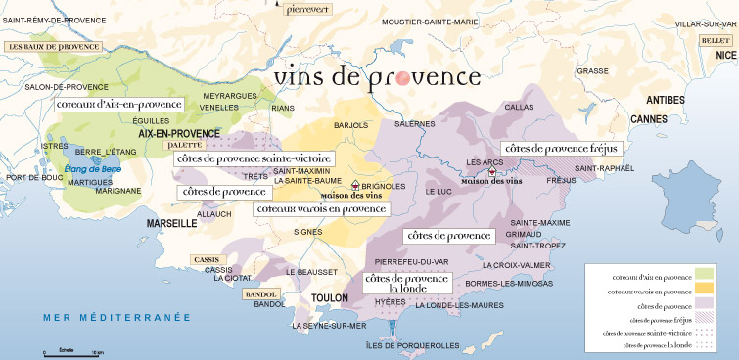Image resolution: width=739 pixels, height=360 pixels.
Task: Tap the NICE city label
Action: tap(723, 56)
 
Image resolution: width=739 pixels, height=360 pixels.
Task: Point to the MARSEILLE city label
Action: tap(172, 223)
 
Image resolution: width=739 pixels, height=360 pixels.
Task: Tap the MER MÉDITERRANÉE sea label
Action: tap(108, 318)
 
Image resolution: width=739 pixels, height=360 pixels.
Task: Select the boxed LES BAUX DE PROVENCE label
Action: tap(55, 46)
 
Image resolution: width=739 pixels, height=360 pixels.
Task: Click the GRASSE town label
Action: tap(592, 70)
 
